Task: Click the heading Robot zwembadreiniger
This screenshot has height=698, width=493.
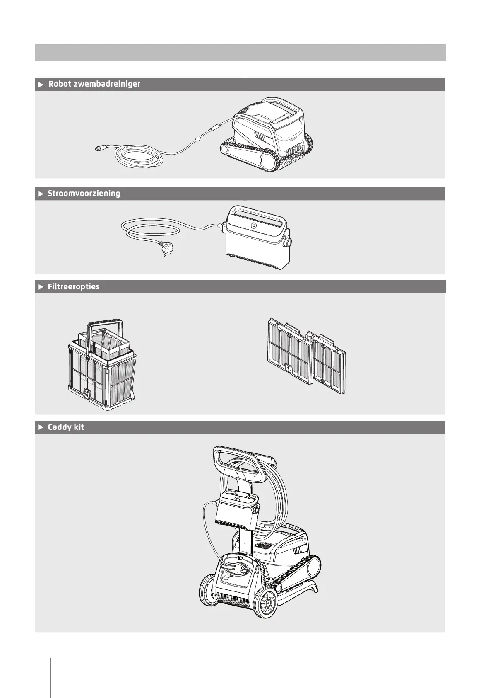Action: tap(94, 84)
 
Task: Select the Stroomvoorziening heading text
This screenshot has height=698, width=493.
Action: tap(84, 194)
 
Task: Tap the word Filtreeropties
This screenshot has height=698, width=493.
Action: tap(74, 287)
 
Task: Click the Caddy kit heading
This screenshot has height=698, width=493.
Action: tap(66, 427)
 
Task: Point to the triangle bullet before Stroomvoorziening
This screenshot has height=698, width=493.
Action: tap(41, 194)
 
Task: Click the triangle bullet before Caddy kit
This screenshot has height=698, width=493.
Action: tap(41, 427)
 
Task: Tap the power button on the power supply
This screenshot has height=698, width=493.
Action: tap(253, 226)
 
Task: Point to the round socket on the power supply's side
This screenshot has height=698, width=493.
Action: tap(286, 241)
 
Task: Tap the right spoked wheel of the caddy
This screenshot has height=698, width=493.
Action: tap(265, 601)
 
